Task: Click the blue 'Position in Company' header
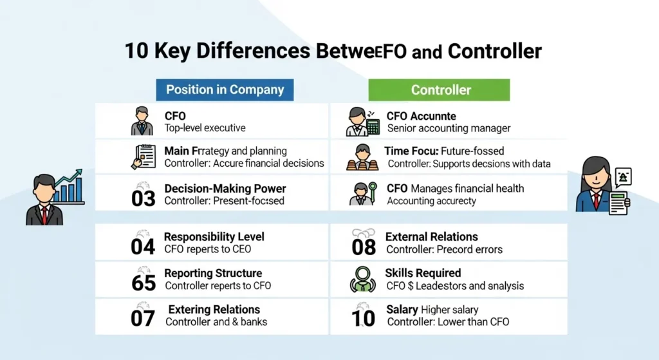click(x=225, y=90)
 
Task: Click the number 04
click(x=143, y=245)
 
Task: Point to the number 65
click(x=143, y=281)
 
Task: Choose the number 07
click(x=143, y=317)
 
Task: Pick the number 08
click(x=364, y=247)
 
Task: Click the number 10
click(x=364, y=317)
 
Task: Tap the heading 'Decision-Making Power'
click(x=225, y=189)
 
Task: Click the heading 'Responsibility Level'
click(x=214, y=237)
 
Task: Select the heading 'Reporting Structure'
click(x=213, y=273)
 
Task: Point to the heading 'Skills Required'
click(x=423, y=273)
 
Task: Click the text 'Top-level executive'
click(x=205, y=128)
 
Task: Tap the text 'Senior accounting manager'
click(x=449, y=128)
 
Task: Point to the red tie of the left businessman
click(x=44, y=213)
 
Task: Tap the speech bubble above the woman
click(x=622, y=176)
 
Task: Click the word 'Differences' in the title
click(x=236, y=51)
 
